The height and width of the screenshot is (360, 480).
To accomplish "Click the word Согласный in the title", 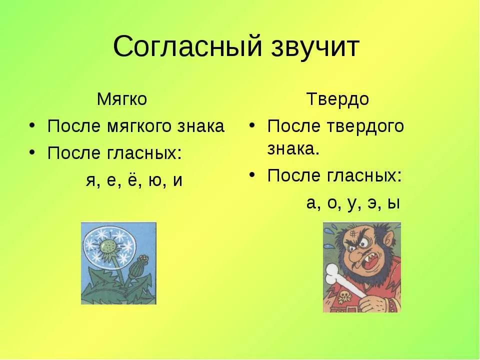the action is tap(187, 47).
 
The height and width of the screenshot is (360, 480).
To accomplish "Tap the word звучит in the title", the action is tap(315, 47).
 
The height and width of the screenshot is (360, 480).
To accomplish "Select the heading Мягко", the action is tap(122, 99).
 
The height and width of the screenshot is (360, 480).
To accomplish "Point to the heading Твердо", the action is tap(337, 99).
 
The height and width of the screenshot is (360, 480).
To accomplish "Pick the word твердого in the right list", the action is tap(365, 126).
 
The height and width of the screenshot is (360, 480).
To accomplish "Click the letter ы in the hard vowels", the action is tap(393, 203).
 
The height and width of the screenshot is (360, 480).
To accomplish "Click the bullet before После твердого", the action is tap(251, 125).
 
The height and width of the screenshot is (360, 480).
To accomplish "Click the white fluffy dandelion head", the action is tap(108, 247).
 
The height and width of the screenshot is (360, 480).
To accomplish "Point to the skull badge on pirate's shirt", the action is tap(344, 296).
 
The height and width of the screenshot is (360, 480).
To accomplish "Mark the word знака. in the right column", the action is tap(293, 149).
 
